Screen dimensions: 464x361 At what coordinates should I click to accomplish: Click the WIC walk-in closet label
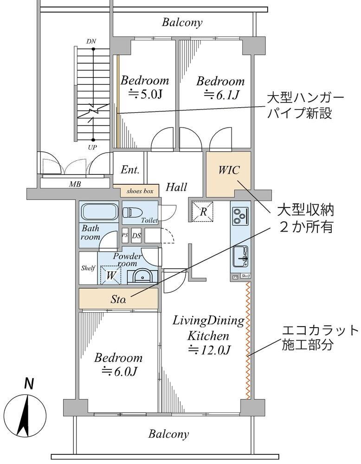pos(229,170)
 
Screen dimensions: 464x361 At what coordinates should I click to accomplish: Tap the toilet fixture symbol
pos(132,213)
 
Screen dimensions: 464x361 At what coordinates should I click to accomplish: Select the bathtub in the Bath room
pos(99,212)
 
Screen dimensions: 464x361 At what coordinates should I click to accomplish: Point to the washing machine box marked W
pos(111,275)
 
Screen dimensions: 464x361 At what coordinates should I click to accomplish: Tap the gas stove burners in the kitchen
pos(240,216)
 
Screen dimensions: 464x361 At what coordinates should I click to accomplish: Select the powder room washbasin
pos(141,276)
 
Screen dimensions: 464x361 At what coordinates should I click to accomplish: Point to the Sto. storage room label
pos(118,300)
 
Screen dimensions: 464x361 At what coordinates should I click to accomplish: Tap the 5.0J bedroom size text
pos(144,95)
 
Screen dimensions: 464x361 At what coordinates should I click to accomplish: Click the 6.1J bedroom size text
pos(221,96)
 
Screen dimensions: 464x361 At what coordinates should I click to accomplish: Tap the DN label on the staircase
pos(91,41)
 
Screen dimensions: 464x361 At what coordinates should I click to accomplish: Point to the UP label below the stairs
pos(93,147)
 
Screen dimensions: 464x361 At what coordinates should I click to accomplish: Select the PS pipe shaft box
pos(124,235)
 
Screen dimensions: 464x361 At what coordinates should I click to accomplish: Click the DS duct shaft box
pos(136,235)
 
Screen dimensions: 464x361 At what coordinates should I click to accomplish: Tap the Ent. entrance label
pos(130,170)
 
